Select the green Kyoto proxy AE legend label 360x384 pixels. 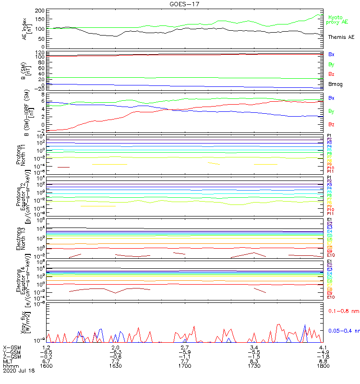(x=338, y=20)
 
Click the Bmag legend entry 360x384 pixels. (x=336, y=84)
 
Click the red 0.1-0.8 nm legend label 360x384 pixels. (x=343, y=311)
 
